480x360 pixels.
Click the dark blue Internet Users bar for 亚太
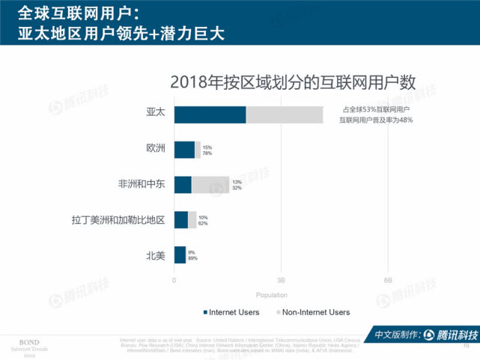coord(210,115)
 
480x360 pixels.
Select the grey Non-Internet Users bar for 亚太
coord(285,115)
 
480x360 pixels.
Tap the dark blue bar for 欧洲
coord(184,150)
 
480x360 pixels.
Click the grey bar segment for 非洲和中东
coord(210,185)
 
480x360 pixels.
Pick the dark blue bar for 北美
coord(180,255)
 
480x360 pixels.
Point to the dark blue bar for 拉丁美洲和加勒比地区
coord(180,220)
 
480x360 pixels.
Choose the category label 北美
coord(155,255)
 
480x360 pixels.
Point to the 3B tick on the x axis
coord(281,279)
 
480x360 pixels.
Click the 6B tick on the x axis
coord(389,279)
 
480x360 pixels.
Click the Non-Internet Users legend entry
coord(318,312)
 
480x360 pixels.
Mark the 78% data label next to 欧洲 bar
coord(207,153)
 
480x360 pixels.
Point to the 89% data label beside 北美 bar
coord(192,259)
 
